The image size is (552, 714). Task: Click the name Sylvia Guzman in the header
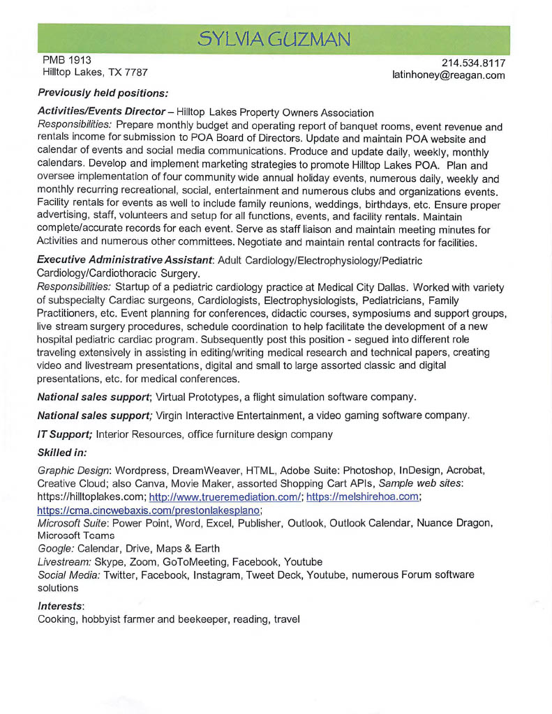click(x=273, y=38)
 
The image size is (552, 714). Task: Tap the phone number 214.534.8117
click(x=474, y=63)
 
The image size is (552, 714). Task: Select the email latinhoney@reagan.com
click(x=449, y=75)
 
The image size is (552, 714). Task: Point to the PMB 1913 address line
click(x=67, y=60)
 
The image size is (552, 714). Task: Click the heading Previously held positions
click(x=103, y=93)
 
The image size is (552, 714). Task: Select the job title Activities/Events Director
click(x=100, y=112)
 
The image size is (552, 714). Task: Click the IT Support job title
click(x=65, y=434)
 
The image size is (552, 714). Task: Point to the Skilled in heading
click(x=62, y=453)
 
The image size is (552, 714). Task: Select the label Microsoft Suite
click(x=73, y=522)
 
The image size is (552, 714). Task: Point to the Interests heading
click(x=61, y=606)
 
